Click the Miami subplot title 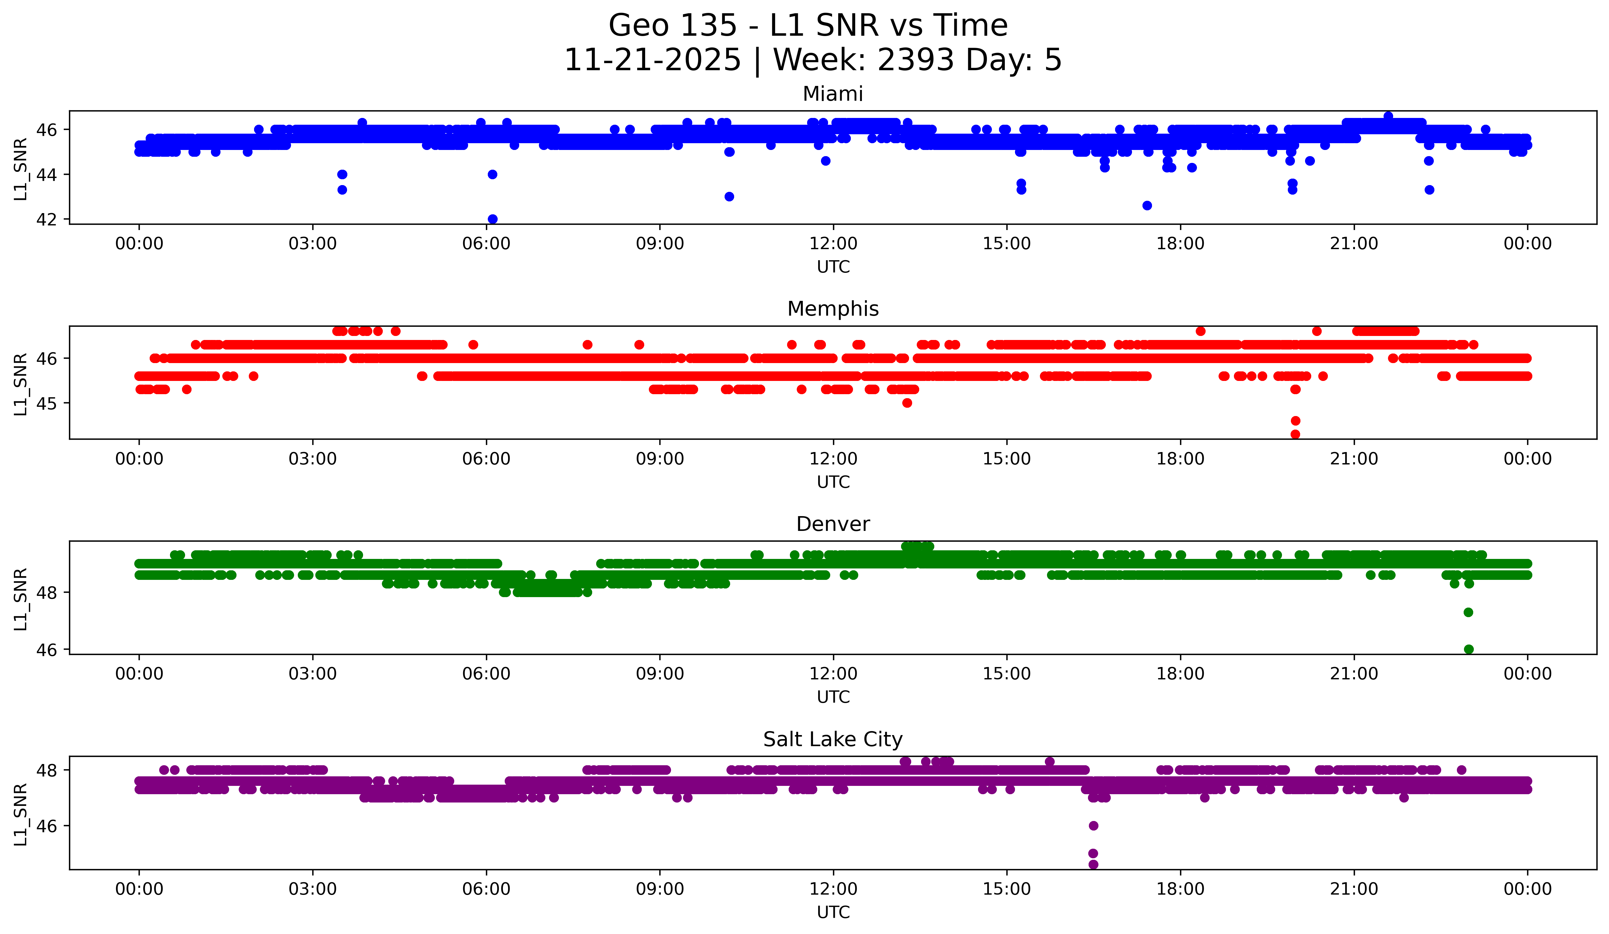pos(833,94)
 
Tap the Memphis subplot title pos(833,309)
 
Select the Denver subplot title pos(833,524)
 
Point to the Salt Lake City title pos(833,739)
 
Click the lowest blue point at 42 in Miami pos(492,219)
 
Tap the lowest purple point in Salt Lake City pos(1093,864)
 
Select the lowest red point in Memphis pos(1295,434)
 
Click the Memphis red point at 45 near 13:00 pos(907,403)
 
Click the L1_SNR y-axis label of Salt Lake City pos(20,815)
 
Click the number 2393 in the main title pos(916,60)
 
